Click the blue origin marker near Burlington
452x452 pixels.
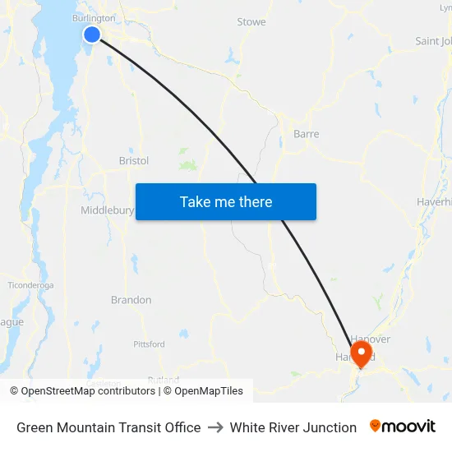[92, 34]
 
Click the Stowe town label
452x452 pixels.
[251, 22]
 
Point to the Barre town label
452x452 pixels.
[306, 134]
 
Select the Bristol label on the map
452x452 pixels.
[134, 161]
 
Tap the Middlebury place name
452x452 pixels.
[107, 210]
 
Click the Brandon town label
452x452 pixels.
[131, 300]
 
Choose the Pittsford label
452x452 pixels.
[149, 344]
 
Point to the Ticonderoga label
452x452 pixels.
[30, 285]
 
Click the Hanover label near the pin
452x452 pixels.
[371, 339]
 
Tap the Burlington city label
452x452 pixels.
[94, 17]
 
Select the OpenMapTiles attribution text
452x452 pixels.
[203, 391]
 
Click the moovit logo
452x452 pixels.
[403, 427]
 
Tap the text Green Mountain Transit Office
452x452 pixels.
[108, 427]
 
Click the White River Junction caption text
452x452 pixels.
[293, 427]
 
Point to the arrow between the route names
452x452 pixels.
[215, 427]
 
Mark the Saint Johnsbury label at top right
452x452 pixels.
[433, 41]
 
